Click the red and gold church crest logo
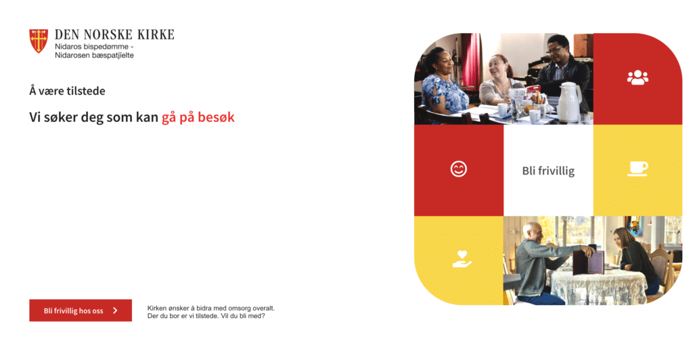pos(39,41)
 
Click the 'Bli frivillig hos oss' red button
pos(81,310)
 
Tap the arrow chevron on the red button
pos(115,311)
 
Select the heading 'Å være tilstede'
pos(67,91)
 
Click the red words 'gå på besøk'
pos(198,118)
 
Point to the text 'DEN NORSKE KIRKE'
pos(114,35)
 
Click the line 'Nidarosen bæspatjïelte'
pos(94,55)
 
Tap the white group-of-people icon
pos(638,78)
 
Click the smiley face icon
pos(458,168)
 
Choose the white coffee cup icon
pos(638,168)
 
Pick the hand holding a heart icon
pos(462,259)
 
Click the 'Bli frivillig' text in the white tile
pos(548,171)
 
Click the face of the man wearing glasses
pos(556,51)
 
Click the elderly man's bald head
pos(533,229)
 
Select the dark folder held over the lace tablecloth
pos(589,263)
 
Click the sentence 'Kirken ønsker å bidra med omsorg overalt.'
pos(211,308)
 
